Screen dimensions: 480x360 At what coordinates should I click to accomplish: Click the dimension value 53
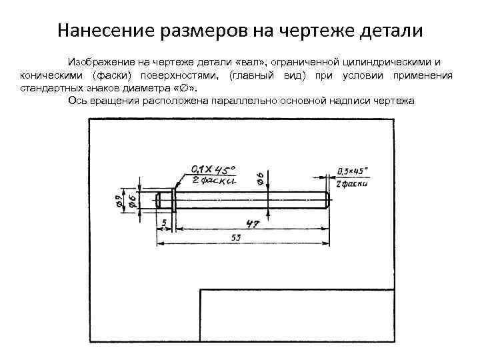[x=235, y=238]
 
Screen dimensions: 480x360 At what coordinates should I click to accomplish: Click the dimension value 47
[x=252, y=223]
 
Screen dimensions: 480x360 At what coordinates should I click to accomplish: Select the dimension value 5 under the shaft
[x=163, y=221]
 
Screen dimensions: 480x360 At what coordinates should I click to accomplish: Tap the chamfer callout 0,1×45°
[x=213, y=169]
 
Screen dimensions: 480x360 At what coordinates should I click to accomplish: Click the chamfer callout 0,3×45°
[x=352, y=171]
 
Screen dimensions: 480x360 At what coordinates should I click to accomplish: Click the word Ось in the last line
[x=78, y=101]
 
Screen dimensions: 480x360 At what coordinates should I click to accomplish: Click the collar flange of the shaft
[x=173, y=199]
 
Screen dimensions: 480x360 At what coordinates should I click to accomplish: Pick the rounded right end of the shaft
[x=326, y=199]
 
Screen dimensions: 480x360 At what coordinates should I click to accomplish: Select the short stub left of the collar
[x=164, y=199]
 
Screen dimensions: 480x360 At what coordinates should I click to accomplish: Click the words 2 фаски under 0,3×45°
[x=352, y=183]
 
